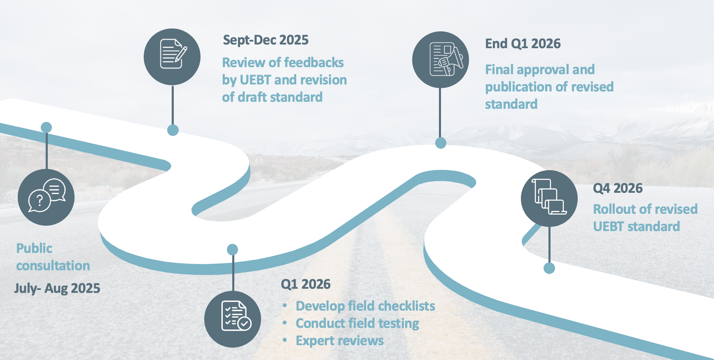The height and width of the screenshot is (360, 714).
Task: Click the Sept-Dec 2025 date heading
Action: pos(266,40)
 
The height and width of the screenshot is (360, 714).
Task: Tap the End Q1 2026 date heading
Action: pos(523,44)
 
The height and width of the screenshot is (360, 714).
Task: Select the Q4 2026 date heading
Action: pos(617,188)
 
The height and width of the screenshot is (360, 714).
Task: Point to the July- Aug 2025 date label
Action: pos(57,288)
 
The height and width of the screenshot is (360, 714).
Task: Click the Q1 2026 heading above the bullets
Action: pos(306,284)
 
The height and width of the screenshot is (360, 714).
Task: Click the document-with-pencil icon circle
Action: pos(172,56)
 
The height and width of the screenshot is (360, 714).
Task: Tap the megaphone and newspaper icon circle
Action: pos(440,60)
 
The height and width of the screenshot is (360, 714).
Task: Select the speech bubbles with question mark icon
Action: pos(46,197)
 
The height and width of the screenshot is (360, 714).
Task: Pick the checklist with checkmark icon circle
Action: pos(233,319)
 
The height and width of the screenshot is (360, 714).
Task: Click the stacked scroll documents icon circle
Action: pos(549,198)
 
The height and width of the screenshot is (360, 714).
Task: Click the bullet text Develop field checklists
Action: pos(365,306)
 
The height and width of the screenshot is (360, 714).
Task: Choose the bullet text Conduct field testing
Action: pos(357,323)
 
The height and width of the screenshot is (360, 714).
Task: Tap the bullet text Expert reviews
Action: pos(340,341)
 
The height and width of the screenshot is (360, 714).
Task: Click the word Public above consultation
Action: pos(34,248)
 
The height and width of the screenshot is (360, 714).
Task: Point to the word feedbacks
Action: pos(319,63)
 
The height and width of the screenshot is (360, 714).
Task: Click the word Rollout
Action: pos(614,209)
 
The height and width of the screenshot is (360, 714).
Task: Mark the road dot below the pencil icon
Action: pos(173,130)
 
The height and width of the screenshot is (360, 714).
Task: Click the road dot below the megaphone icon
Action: pos(441,143)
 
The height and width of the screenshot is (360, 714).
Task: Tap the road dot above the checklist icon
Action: pos(233,249)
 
